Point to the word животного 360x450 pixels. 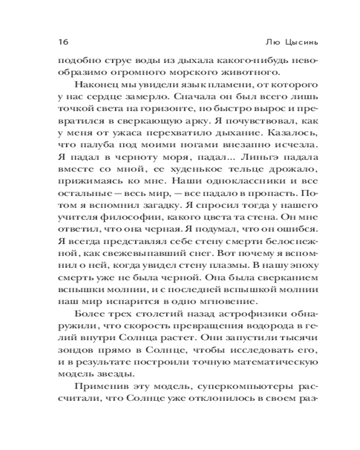pyautogui.click(x=261, y=72)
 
